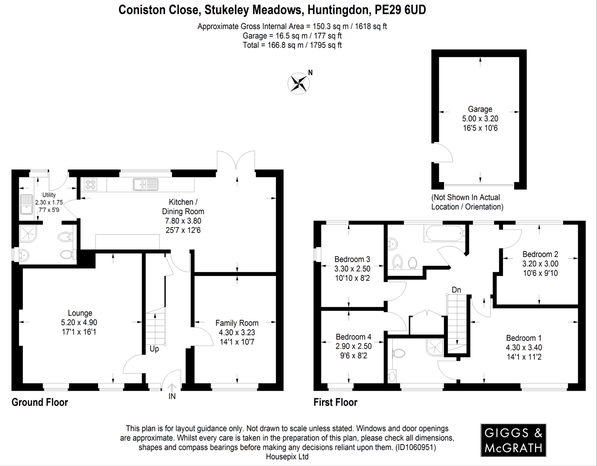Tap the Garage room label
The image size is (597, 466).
click(480, 109)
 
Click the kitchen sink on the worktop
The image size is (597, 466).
click(145, 184)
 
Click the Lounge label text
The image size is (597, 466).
click(80, 313)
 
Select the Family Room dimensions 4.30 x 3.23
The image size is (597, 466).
click(237, 332)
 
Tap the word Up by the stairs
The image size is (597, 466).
click(154, 349)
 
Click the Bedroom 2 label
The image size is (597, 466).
click(540, 254)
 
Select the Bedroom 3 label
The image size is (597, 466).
click(352, 259)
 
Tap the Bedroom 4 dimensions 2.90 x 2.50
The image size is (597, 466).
click(353, 346)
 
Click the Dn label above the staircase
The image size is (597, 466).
click(456, 290)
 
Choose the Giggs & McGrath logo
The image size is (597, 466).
click(513, 440)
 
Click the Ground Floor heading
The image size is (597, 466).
click(40, 402)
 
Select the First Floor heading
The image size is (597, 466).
click(335, 402)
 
